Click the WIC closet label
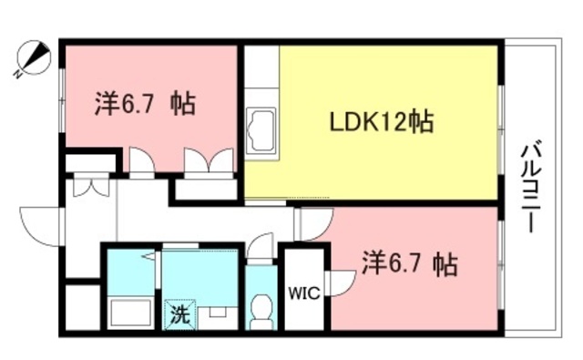click(303, 293)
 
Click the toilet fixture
click(261, 311)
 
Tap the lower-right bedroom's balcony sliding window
click(500, 263)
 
